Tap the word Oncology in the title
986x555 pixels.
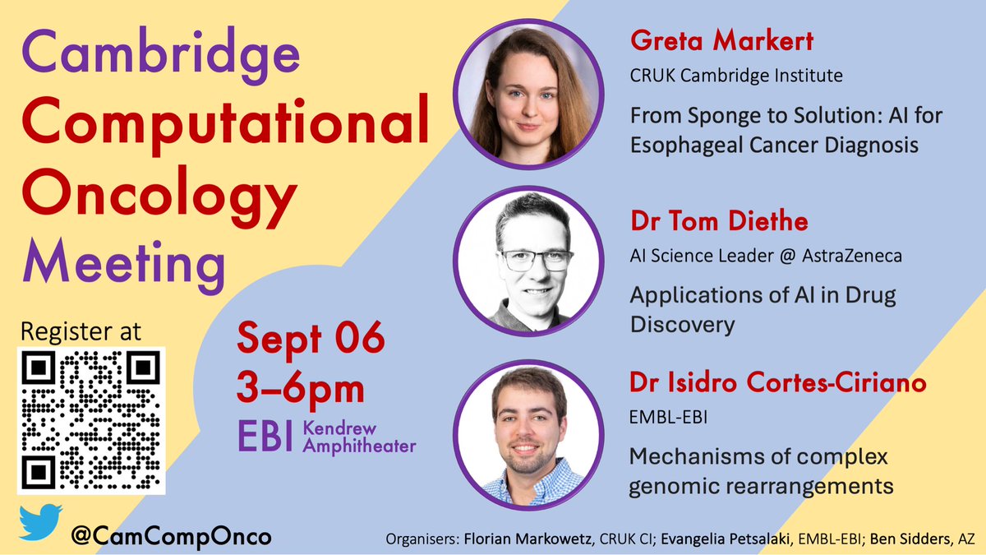[x=157, y=195]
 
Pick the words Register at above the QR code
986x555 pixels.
[x=80, y=331]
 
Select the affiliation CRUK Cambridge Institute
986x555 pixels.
[x=736, y=76]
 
